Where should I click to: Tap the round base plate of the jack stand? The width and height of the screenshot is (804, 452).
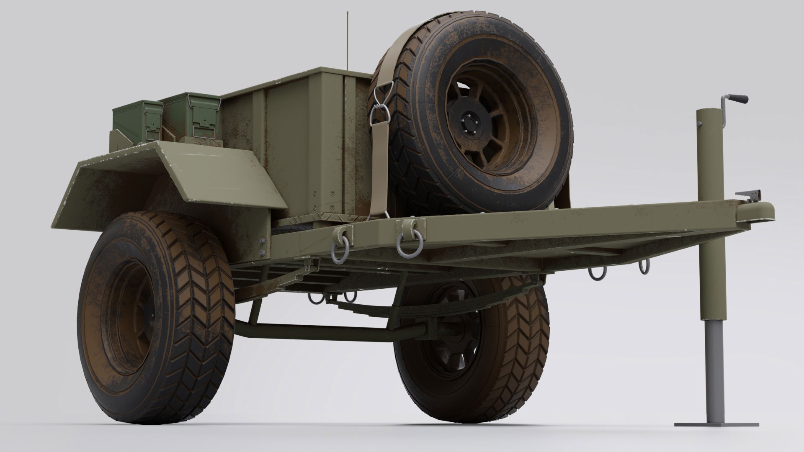click(716, 424)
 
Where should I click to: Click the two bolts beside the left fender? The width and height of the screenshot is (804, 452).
click(263, 247)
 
